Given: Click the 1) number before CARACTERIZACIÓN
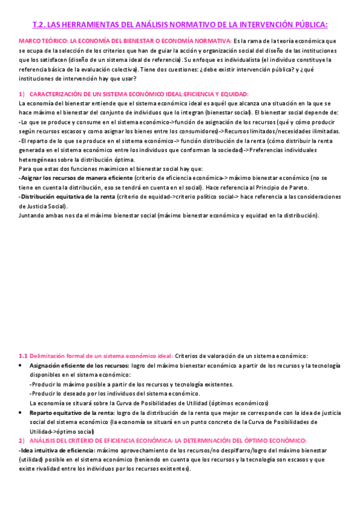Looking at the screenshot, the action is tap(22, 94).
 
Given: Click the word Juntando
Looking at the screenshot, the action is tap(31, 215).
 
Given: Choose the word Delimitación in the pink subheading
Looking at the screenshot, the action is tap(49, 357).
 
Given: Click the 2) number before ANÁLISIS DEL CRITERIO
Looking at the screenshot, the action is tap(22, 440).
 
